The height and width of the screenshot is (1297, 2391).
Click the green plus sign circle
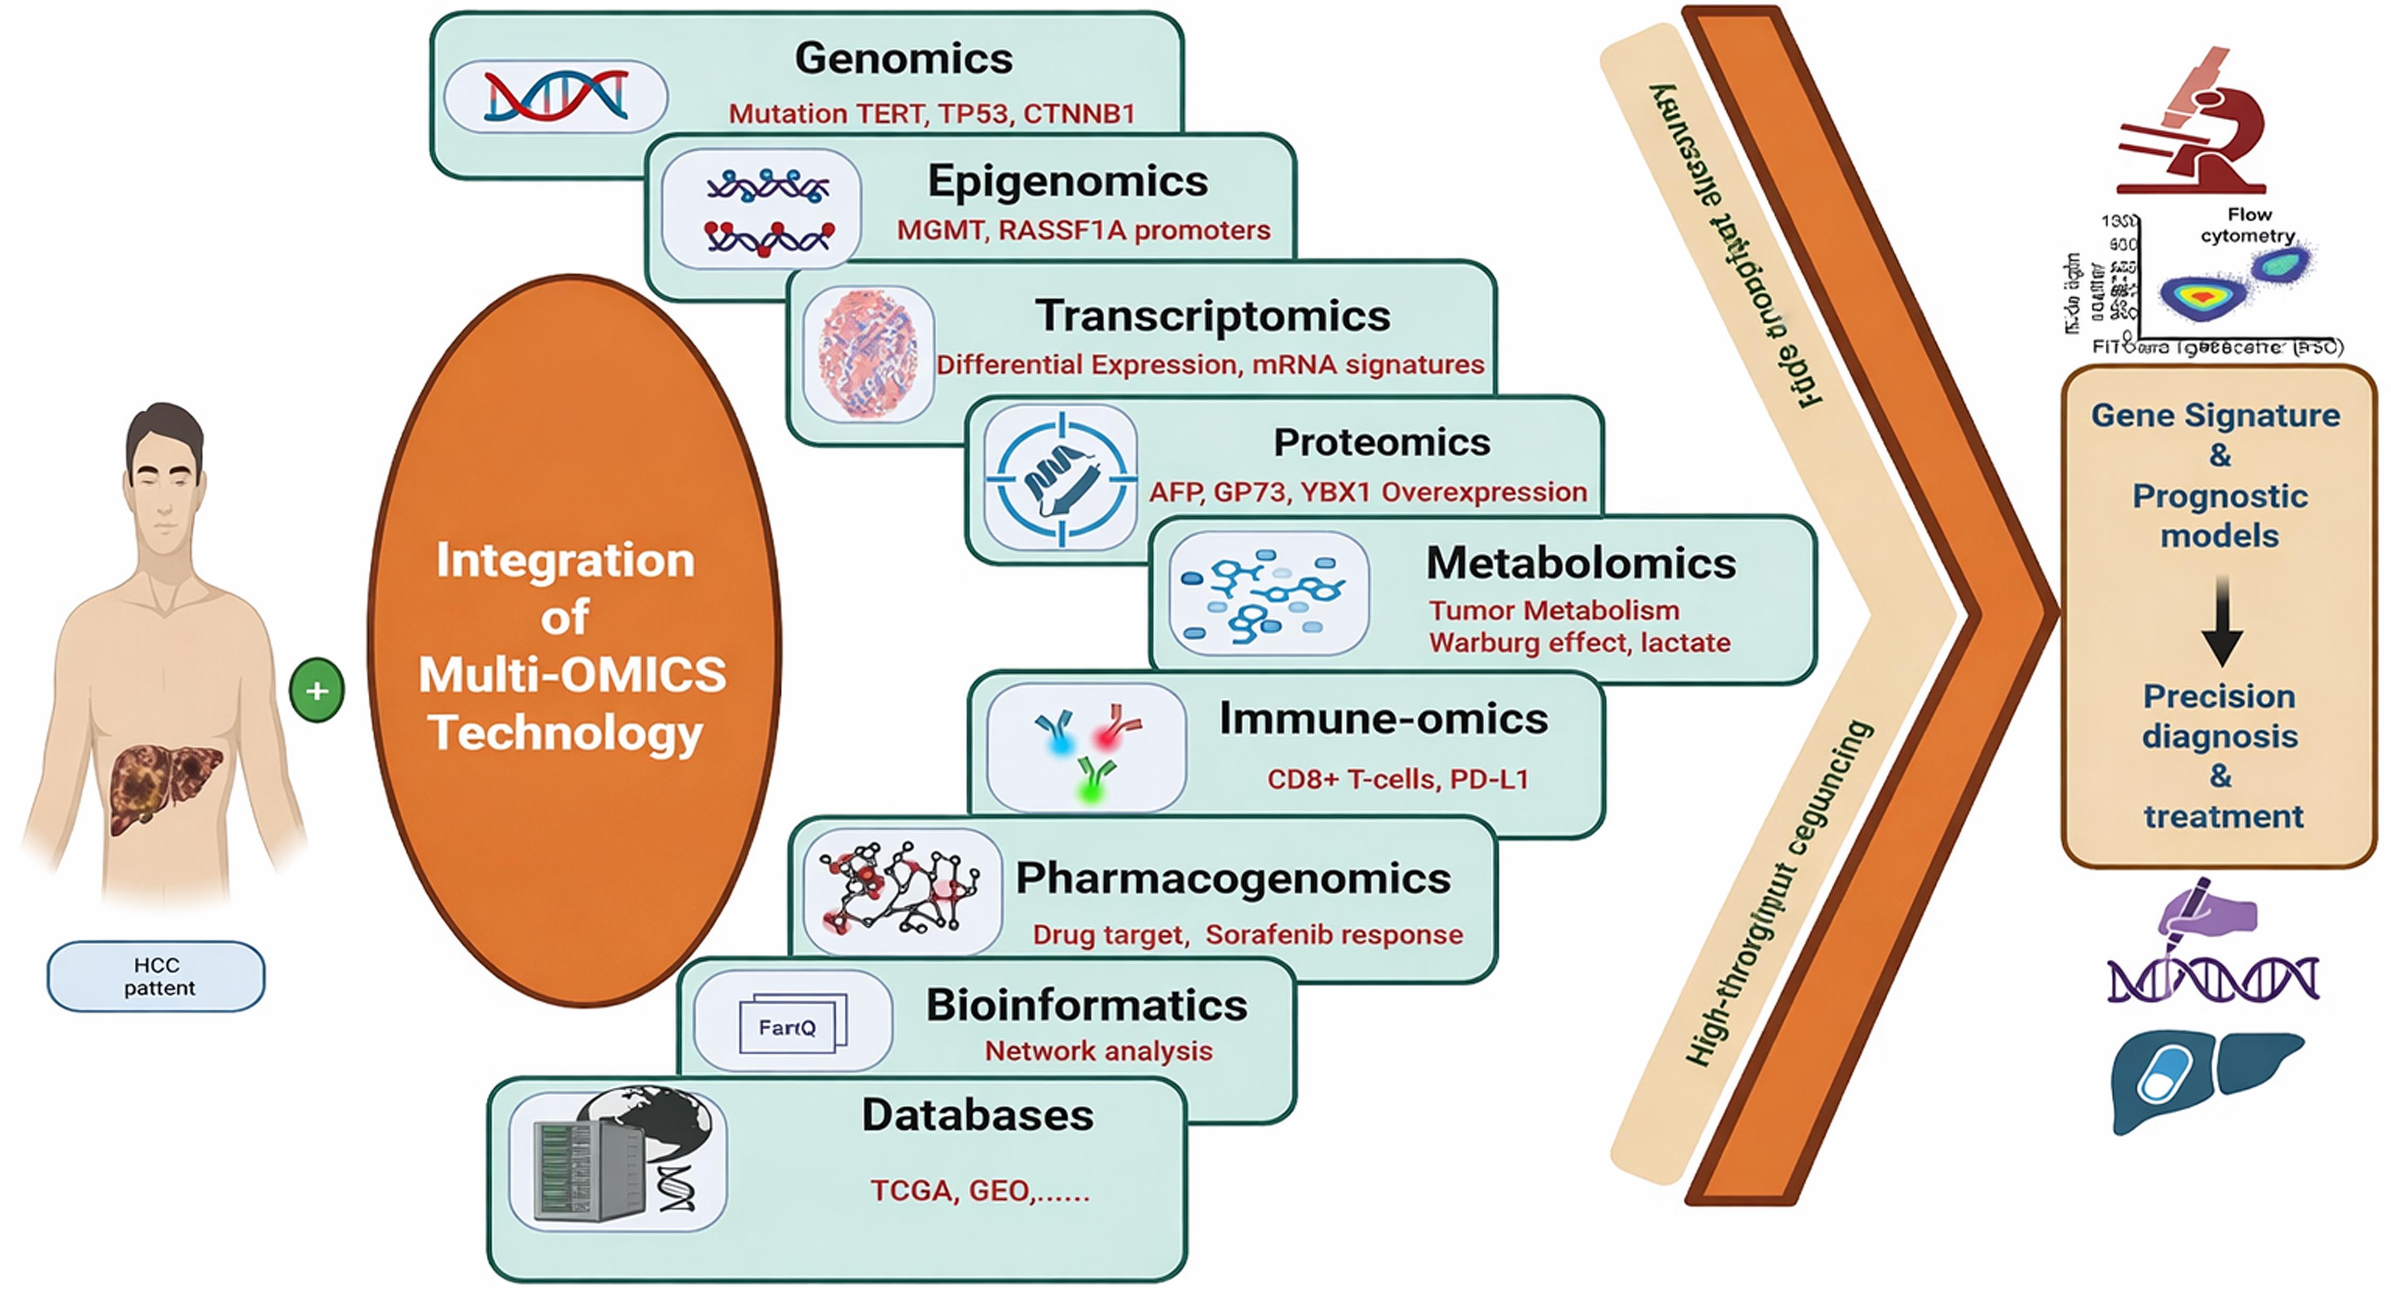click(x=317, y=690)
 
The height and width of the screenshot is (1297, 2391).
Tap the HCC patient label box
click(x=156, y=976)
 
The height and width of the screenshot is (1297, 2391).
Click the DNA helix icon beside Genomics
click(x=555, y=96)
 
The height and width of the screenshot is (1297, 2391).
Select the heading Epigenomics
click(x=1067, y=181)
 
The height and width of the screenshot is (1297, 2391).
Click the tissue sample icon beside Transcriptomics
click(x=868, y=354)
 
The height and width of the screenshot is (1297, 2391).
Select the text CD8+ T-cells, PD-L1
click(x=1397, y=779)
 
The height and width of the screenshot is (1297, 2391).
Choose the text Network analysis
click(x=1098, y=1051)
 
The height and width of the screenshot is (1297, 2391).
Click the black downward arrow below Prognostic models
click(x=2222, y=621)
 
